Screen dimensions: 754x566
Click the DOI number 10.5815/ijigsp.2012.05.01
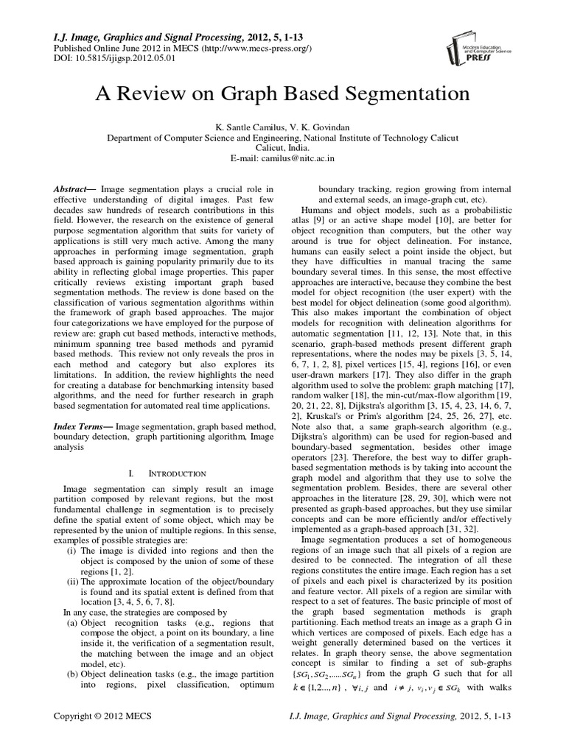pos(129,59)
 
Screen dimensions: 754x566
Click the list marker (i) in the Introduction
pos(71,550)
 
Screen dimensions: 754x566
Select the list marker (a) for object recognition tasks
pos(71,623)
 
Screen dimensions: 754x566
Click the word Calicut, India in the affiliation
pos(282,147)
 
